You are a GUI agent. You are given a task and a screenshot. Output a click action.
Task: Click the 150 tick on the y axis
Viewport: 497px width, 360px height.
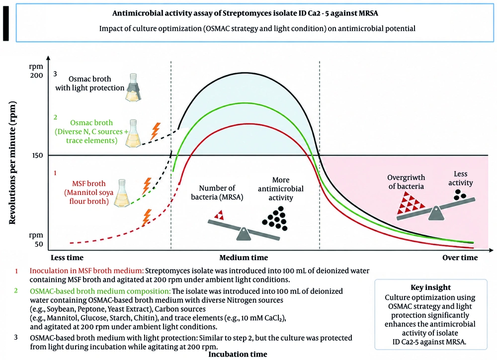click(37, 156)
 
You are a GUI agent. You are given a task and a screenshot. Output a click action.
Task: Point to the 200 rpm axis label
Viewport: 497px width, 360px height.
click(36, 71)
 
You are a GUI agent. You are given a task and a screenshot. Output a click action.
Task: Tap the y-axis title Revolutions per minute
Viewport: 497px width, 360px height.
click(12, 163)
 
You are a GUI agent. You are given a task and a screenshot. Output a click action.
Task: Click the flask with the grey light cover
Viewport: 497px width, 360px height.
click(133, 88)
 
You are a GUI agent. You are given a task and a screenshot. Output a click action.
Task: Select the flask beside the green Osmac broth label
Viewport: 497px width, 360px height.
click(133, 134)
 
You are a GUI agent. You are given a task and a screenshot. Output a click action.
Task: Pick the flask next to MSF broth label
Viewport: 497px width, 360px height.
click(122, 193)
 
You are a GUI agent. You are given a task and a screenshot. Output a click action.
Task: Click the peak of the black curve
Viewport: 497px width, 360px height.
click(244, 73)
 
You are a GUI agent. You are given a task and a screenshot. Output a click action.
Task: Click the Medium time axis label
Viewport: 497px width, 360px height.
click(244, 258)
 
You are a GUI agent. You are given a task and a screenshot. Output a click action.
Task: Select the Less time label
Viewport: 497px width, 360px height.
click(67, 258)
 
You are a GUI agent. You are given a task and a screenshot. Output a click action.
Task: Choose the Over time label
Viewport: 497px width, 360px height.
click(460, 258)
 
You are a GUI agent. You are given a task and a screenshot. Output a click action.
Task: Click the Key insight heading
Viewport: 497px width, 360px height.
click(430, 287)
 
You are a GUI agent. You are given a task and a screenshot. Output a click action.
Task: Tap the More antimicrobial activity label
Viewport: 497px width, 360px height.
click(280, 189)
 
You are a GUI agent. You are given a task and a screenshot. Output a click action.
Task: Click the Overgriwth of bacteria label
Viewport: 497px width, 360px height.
click(406, 182)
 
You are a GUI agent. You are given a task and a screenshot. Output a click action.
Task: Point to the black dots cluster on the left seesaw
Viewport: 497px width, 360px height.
click(275, 218)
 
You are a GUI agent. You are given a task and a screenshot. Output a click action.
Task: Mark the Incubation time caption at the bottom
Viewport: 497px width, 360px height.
click(238, 355)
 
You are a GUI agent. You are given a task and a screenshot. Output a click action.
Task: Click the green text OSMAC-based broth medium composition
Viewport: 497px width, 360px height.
click(100, 291)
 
